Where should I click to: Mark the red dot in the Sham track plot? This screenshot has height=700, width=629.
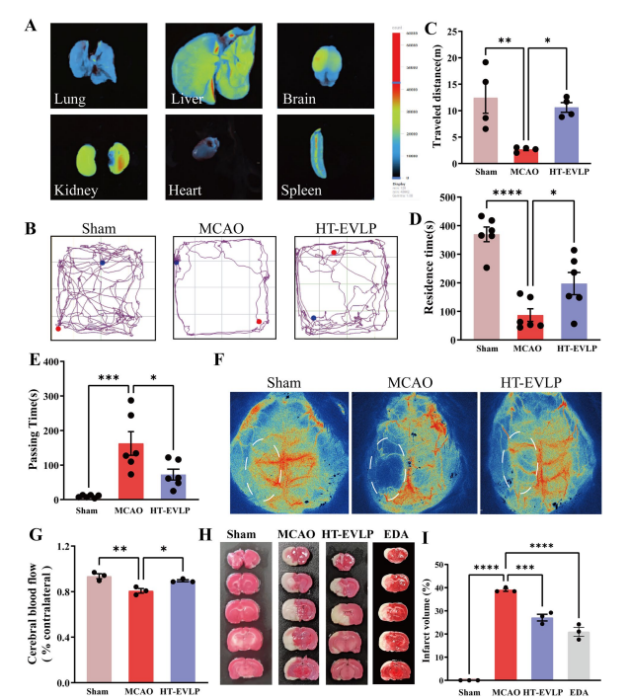point(58,326)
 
